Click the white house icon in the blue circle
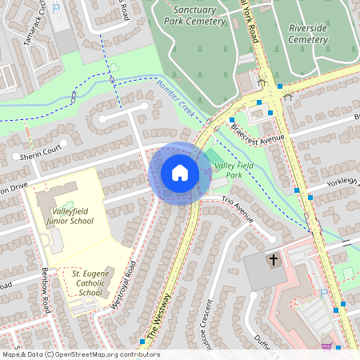pos(180,172)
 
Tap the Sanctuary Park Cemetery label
pos(200,17)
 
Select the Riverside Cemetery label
pos(308,34)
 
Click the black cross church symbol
pos(273,260)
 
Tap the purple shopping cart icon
pos(326,346)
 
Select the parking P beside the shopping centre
pos(323,293)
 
